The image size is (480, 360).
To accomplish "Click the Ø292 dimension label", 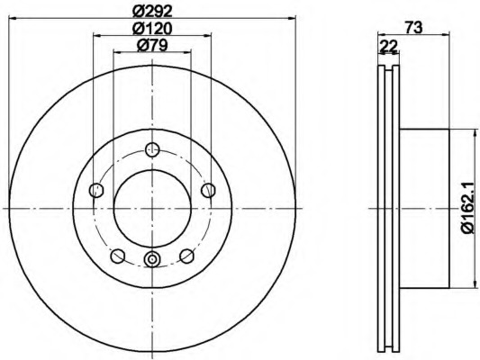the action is pyautogui.click(x=152, y=12).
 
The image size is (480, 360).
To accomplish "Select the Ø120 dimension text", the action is pyautogui.click(x=152, y=29).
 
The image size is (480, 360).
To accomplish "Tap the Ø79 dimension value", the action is pyautogui.click(x=152, y=46).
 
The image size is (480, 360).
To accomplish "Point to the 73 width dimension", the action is pyautogui.click(x=413, y=28).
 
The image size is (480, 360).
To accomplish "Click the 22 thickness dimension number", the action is pyautogui.click(x=388, y=47).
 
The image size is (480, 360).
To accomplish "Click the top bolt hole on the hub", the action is pyautogui.click(x=152, y=149).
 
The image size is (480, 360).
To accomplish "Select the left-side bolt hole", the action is pyautogui.click(x=96, y=190).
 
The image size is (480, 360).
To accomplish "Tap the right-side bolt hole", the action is pyautogui.click(x=208, y=190).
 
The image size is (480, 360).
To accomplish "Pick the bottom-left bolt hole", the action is pyautogui.click(x=118, y=256).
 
